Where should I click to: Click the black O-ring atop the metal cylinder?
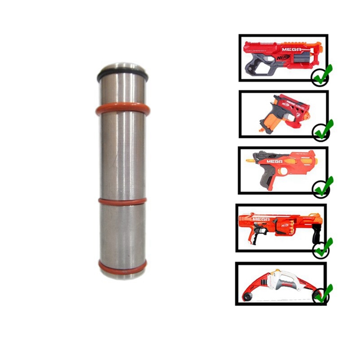(x=122, y=72)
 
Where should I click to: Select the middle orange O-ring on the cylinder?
(x=122, y=202)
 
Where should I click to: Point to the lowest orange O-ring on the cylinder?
(x=122, y=267)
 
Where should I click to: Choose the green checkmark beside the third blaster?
(x=323, y=187)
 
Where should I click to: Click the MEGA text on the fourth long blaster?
(x=261, y=219)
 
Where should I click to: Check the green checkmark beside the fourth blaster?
(x=323, y=247)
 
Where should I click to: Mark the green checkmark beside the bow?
(x=323, y=295)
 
